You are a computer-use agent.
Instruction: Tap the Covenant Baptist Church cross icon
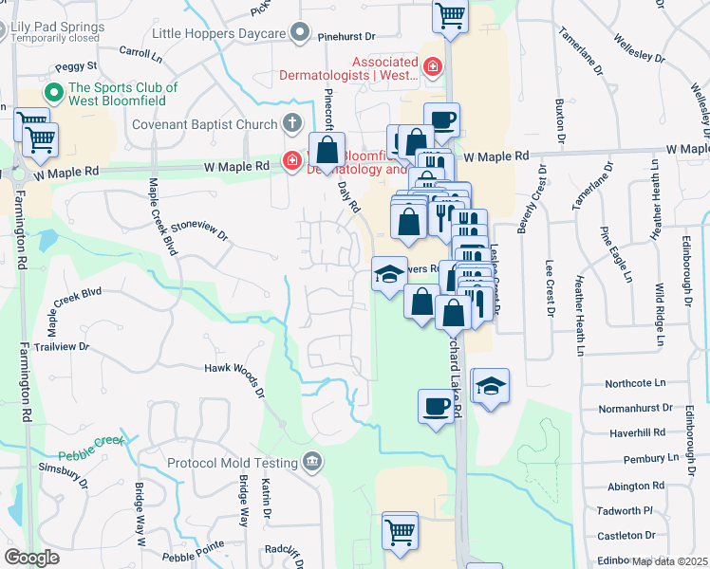(292, 124)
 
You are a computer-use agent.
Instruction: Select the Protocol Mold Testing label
(232, 463)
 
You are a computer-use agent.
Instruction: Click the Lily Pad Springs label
(55, 28)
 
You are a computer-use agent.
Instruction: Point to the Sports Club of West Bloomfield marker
(53, 95)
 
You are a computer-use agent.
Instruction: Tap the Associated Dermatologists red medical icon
(433, 66)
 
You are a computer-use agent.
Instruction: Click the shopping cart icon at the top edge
(450, 15)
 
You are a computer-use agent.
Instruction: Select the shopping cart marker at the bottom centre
(400, 530)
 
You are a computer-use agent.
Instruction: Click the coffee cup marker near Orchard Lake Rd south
(436, 406)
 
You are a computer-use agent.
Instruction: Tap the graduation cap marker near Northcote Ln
(490, 386)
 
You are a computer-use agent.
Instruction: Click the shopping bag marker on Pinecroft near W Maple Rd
(327, 151)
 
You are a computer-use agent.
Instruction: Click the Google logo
(32, 558)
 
